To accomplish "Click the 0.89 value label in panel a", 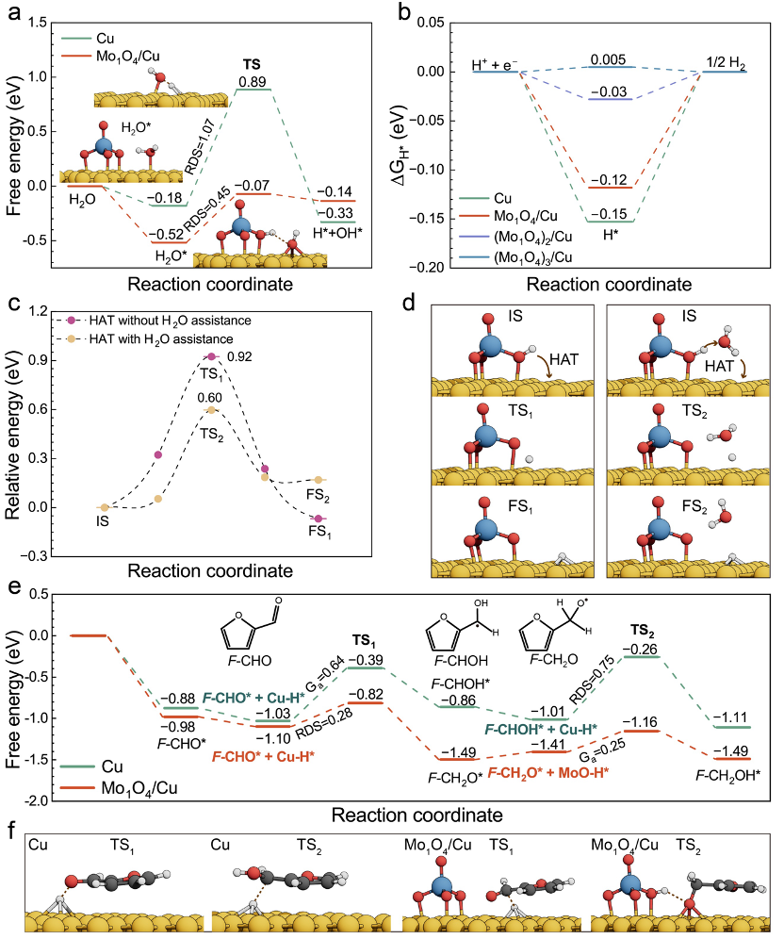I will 252,82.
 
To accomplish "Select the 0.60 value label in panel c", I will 211,399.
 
